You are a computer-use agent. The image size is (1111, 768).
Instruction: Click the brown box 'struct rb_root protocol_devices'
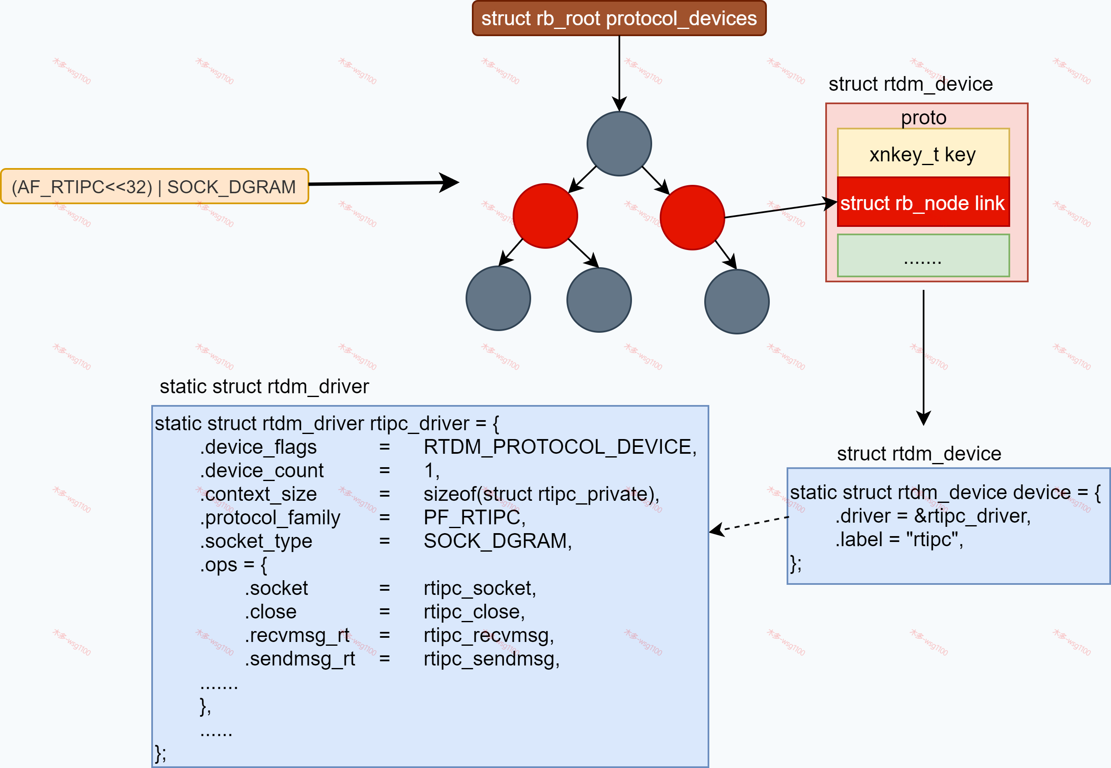619,18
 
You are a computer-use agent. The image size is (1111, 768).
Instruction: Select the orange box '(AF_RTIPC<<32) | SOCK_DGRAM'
154,187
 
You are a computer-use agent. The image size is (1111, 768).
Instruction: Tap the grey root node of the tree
619,144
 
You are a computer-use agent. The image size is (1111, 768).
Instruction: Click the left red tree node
545,216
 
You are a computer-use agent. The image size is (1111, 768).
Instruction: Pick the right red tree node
692,218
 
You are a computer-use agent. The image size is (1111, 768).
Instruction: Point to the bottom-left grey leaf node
498,298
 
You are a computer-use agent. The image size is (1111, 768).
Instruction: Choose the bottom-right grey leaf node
737,302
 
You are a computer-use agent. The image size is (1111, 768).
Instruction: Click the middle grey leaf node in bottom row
599,300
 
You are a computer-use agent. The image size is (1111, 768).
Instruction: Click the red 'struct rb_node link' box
923,203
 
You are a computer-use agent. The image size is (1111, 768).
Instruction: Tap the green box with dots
923,256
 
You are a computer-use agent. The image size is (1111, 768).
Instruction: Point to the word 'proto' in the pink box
923,117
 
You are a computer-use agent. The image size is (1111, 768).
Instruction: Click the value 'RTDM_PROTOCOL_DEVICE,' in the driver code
560,447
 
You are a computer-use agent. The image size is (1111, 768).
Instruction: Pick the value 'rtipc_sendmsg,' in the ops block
492,659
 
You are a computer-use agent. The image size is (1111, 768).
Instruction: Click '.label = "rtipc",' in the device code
899,539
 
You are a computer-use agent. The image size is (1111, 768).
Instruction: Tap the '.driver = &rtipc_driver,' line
933,516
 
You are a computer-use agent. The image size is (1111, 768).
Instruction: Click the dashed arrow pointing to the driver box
750,524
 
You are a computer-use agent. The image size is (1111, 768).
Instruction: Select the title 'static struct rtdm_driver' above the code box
264,387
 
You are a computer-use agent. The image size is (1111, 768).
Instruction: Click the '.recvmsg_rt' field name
297,635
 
